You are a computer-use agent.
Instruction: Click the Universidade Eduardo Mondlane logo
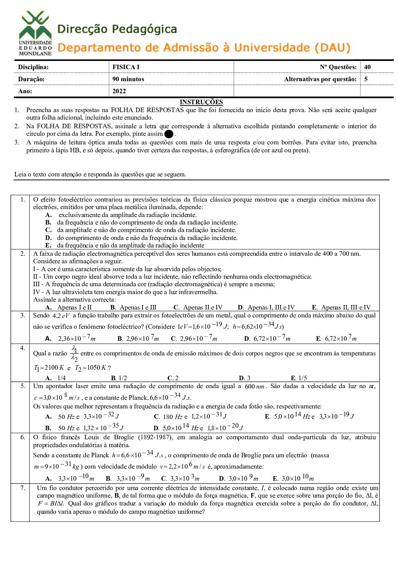(x=35, y=33)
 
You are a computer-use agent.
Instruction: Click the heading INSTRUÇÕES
(x=201, y=102)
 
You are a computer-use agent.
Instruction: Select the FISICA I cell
(x=126, y=67)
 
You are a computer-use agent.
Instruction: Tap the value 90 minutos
(x=128, y=79)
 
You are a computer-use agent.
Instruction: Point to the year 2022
(x=119, y=91)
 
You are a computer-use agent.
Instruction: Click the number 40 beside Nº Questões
(x=368, y=67)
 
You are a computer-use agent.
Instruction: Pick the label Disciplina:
(x=33, y=67)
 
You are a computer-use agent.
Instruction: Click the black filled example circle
(x=169, y=134)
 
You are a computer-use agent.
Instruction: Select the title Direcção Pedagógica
(x=117, y=29)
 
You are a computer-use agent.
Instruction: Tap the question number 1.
(x=23, y=199)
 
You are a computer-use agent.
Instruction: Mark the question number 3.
(x=23, y=315)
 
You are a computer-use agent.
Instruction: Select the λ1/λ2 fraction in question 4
(x=74, y=354)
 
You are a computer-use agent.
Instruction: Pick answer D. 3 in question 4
(x=245, y=378)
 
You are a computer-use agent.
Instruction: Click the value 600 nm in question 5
(x=255, y=386)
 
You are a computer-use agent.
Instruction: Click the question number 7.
(x=23, y=488)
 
